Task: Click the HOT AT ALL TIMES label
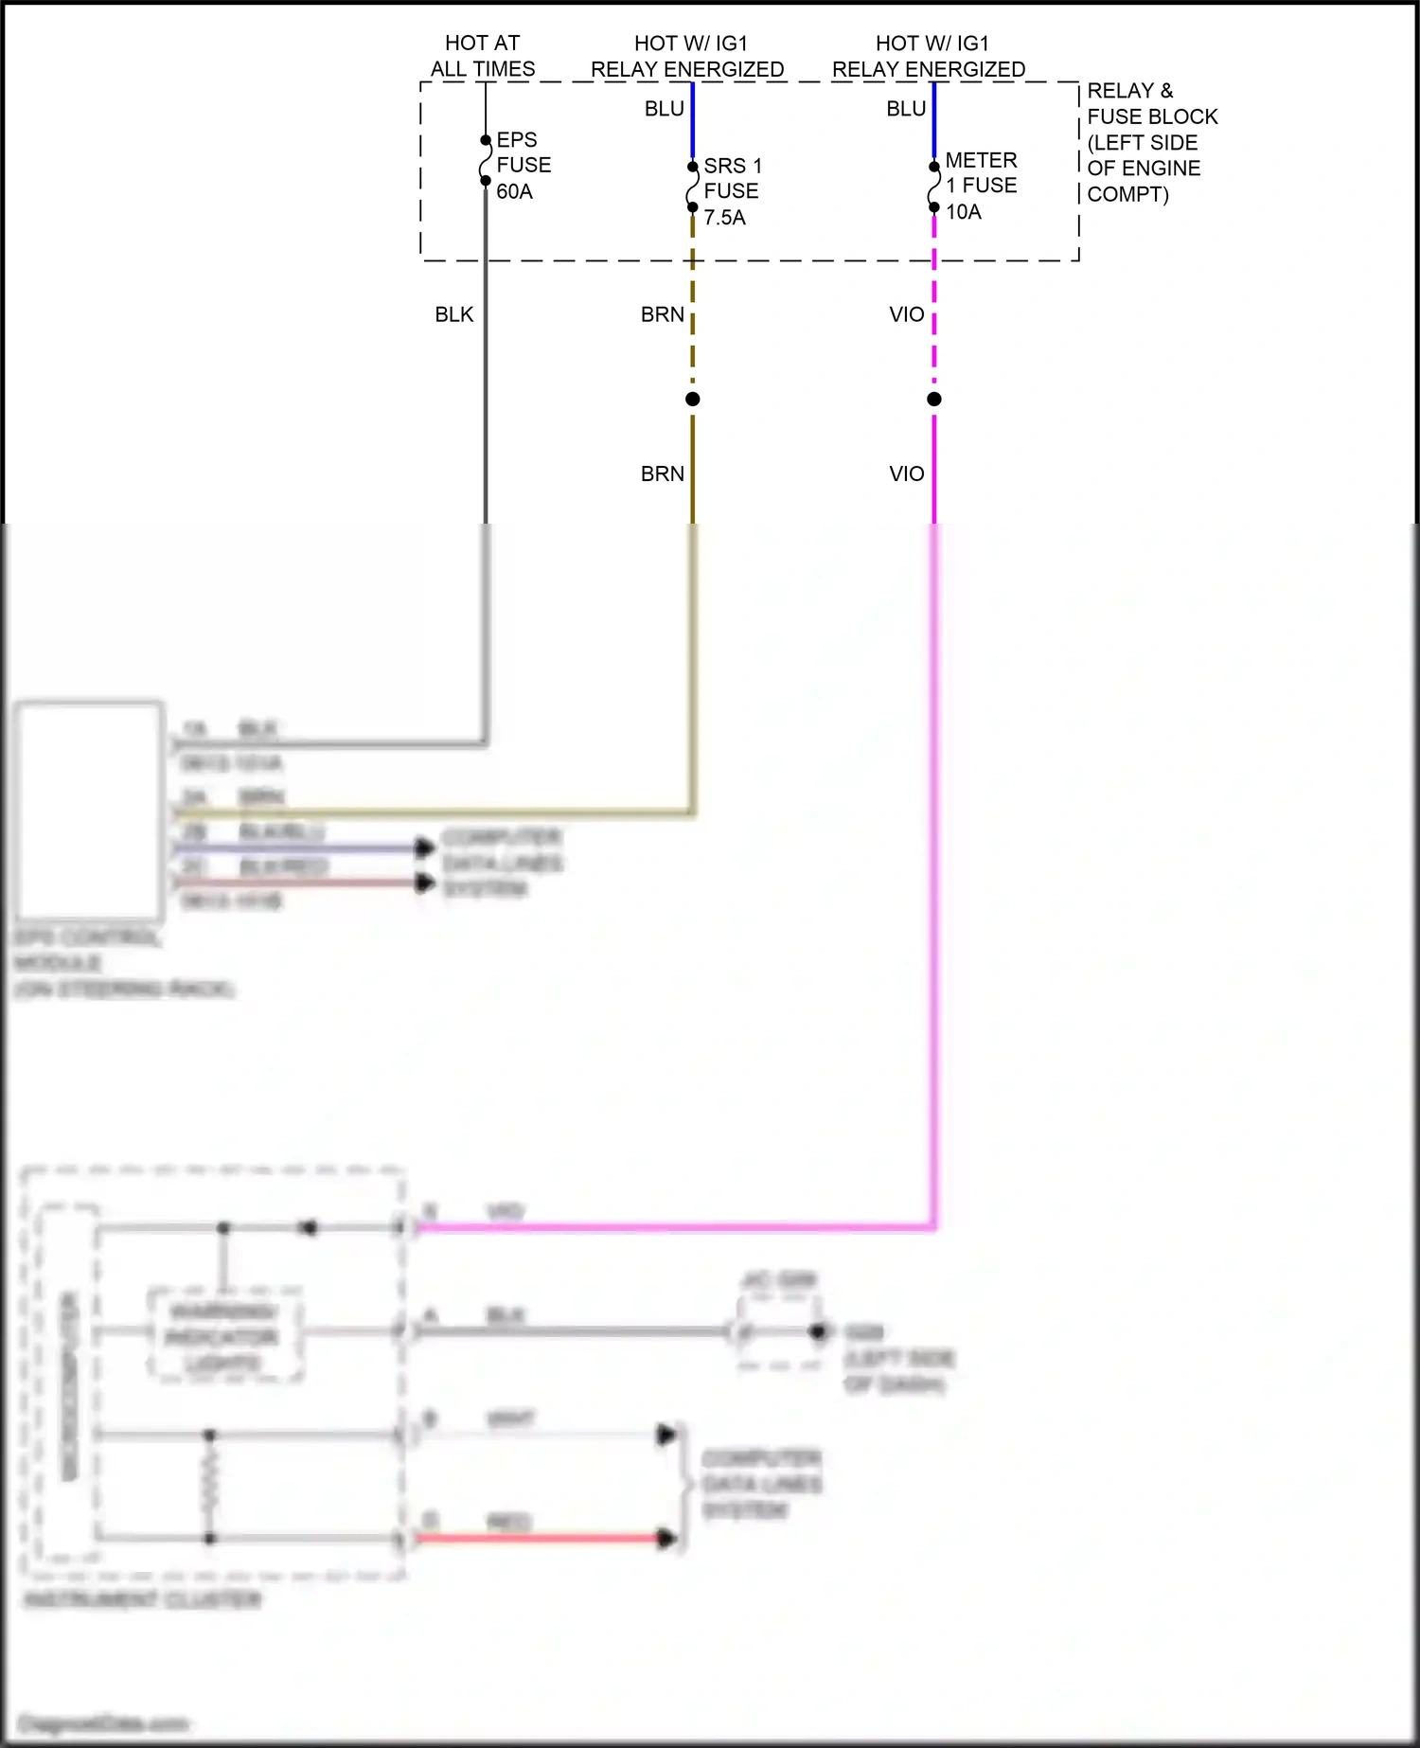click(483, 56)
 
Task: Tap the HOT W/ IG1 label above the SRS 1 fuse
click(688, 56)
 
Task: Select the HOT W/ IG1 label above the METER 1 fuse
click(930, 56)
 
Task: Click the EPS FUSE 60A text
click(523, 166)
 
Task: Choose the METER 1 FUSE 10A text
click(981, 186)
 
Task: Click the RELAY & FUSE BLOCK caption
click(1151, 142)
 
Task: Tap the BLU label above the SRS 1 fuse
click(664, 109)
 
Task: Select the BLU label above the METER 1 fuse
click(906, 109)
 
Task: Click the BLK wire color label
click(454, 314)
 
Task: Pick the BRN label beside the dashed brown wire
click(662, 314)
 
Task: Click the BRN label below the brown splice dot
click(662, 473)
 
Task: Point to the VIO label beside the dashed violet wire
click(906, 314)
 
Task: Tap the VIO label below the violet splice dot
click(906, 473)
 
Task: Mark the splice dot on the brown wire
click(693, 400)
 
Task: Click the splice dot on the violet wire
click(934, 400)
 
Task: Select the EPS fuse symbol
click(486, 161)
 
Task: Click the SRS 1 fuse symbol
click(693, 187)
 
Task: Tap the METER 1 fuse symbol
click(934, 187)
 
